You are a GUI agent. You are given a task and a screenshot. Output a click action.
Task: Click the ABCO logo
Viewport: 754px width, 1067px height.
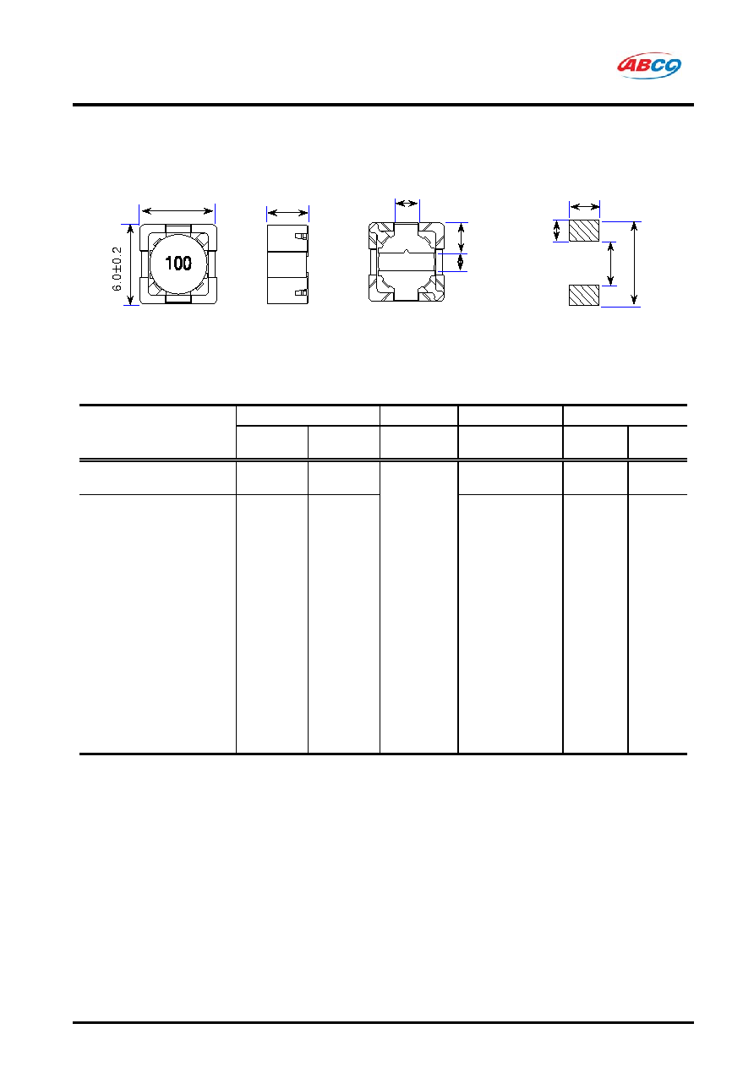[x=648, y=66]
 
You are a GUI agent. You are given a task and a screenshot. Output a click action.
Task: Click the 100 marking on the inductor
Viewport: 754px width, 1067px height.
[x=178, y=263]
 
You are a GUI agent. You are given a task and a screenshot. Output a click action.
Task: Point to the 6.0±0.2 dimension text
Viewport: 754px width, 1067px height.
[x=117, y=269]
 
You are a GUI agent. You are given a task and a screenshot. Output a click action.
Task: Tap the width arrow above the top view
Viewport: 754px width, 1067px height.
[x=178, y=211]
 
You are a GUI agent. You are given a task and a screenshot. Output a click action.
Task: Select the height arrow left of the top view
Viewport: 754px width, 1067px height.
[x=130, y=264]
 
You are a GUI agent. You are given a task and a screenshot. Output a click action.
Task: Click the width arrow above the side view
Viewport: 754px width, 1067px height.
[x=288, y=213]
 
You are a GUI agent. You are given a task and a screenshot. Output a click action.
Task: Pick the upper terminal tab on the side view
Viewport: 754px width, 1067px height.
[x=301, y=237]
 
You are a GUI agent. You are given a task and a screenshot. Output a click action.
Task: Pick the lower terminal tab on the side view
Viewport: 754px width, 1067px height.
[x=301, y=292]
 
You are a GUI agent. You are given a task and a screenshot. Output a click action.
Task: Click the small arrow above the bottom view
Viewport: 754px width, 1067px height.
[x=407, y=204]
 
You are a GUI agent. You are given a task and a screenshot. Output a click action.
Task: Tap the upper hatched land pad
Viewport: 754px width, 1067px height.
[x=584, y=231]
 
